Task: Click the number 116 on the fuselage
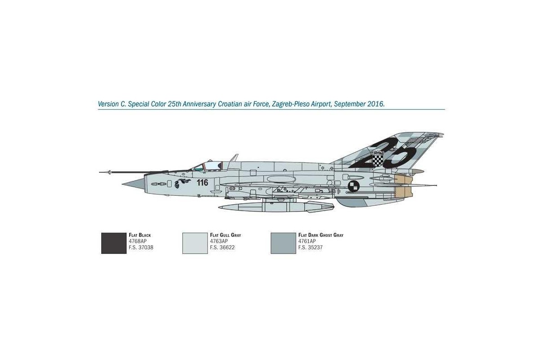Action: coord(202,183)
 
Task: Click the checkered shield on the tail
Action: coord(378,159)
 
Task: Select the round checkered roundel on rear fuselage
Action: coord(353,186)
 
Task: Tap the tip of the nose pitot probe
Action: coord(99,172)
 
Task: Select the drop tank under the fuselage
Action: coord(276,207)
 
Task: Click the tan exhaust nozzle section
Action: coord(404,186)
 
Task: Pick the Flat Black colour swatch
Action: coord(113,243)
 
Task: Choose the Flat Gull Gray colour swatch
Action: coord(195,243)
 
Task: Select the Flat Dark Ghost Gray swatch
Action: coord(283,243)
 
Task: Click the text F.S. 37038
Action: coord(141,247)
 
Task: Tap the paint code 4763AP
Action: coord(219,241)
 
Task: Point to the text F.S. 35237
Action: coord(310,247)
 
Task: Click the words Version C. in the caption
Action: coord(112,104)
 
